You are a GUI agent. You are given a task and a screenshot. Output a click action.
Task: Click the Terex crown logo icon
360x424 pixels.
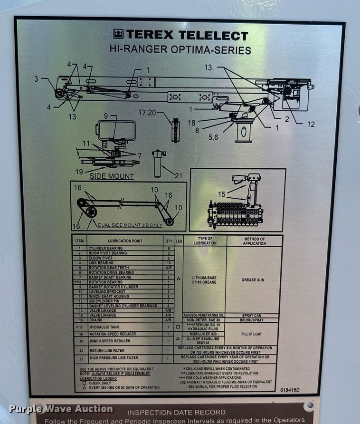[118, 34]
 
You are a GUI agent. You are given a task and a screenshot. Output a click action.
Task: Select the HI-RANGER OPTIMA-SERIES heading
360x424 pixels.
[180, 49]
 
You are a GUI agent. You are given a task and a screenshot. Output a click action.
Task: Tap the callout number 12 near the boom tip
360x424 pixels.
[310, 125]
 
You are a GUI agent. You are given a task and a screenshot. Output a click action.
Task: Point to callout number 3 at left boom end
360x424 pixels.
[36, 79]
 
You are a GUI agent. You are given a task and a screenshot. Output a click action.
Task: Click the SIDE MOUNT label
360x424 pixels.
[112, 176]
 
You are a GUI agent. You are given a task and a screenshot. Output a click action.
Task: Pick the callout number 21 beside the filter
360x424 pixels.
[178, 175]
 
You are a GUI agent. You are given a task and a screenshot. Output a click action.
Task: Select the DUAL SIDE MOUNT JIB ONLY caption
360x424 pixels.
[130, 225]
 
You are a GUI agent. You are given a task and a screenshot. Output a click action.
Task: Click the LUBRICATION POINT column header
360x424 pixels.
[125, 241]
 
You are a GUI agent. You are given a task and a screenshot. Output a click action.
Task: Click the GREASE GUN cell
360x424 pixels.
[253, 280]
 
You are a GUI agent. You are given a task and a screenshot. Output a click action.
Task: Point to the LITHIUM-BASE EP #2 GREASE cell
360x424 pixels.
[204, 280]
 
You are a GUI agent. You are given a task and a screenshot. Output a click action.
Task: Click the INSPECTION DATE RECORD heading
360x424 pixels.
[177, 412]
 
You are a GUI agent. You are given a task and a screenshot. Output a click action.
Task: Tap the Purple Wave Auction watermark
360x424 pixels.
[61, 409]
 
